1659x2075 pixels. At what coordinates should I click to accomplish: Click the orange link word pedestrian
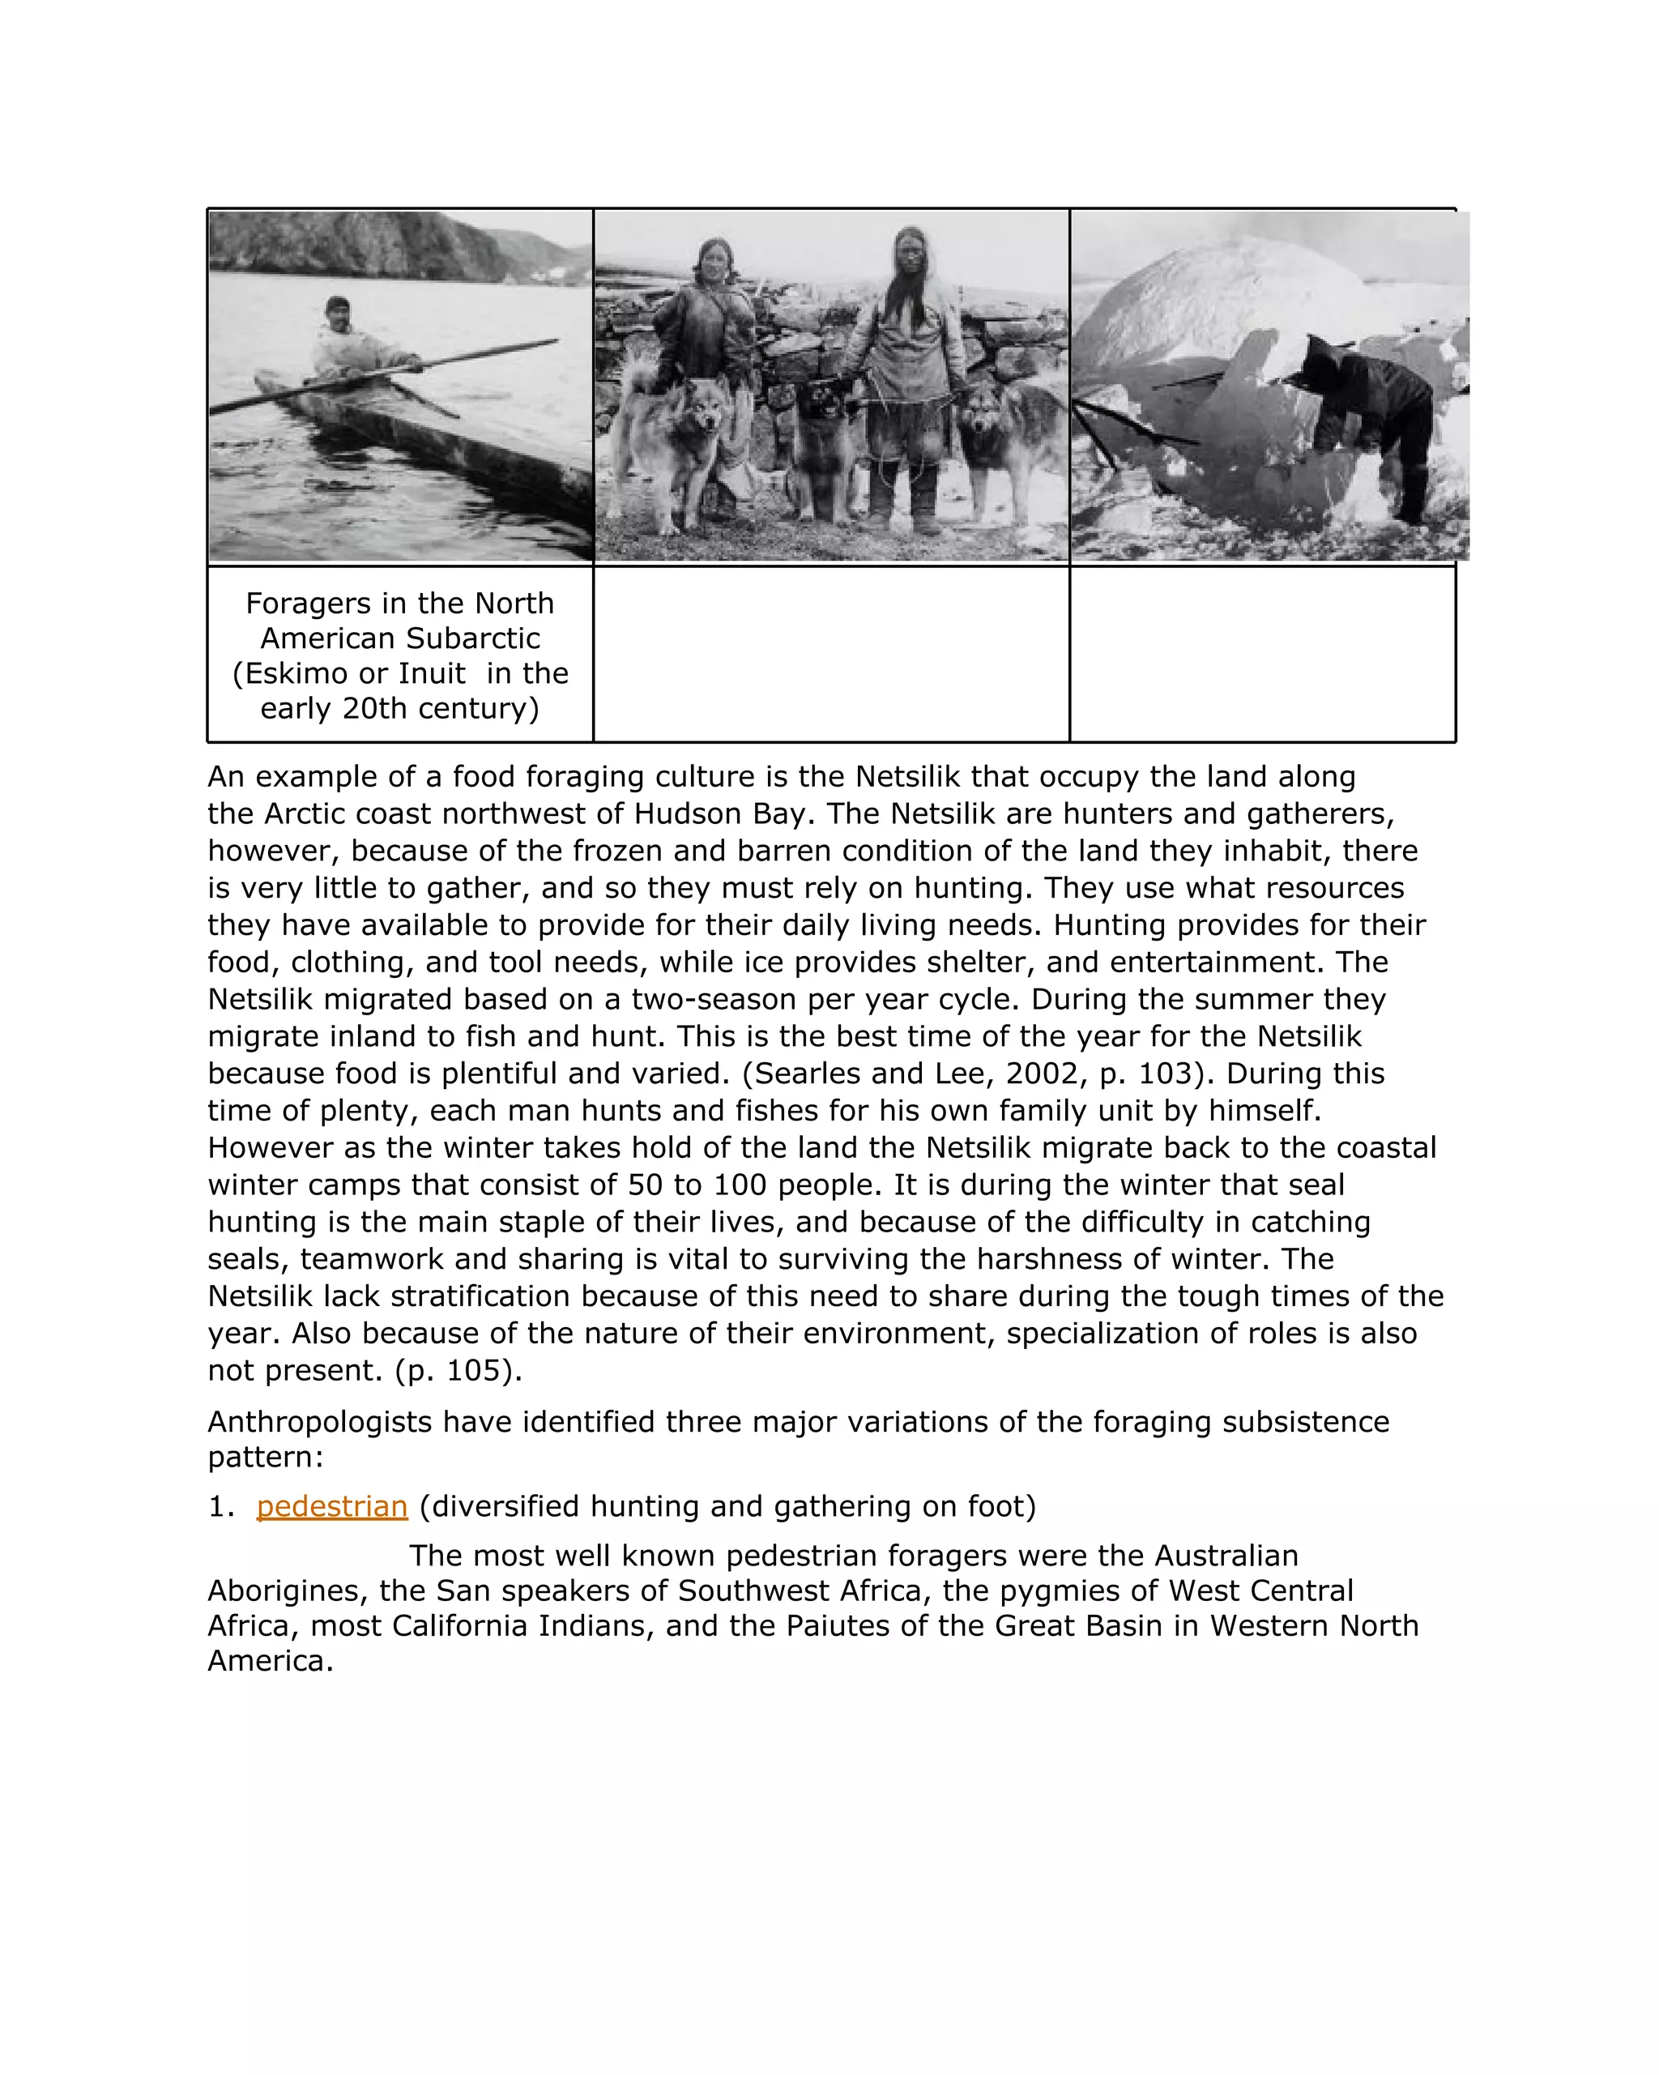(x=332, y=1506)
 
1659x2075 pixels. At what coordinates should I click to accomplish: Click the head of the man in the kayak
(x=337, y=310)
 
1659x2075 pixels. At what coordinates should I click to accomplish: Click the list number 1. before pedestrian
(x=221, y=1506)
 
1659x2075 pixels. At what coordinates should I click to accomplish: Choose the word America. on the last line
(x=271, y=1660)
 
